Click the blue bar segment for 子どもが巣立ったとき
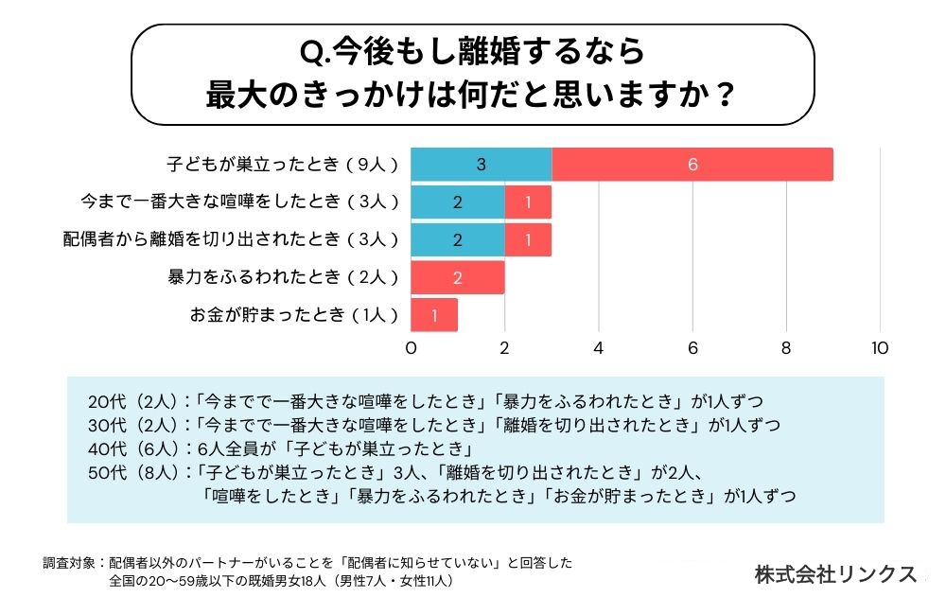click(x=481, y=165)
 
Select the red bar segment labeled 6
click(x=692, y=165)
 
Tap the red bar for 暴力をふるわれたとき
click(x=457, y=278)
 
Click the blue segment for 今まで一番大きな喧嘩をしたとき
click(x=457, y=202)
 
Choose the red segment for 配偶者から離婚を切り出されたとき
click(x=528, y=240)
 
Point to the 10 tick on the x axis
click(x=880, y=348)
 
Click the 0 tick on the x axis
click(x=412, y=348)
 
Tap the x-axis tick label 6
click(x=692, y=348)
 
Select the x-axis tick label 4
click(x=599, y=348)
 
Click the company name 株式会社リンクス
click(x=835, y=574)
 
